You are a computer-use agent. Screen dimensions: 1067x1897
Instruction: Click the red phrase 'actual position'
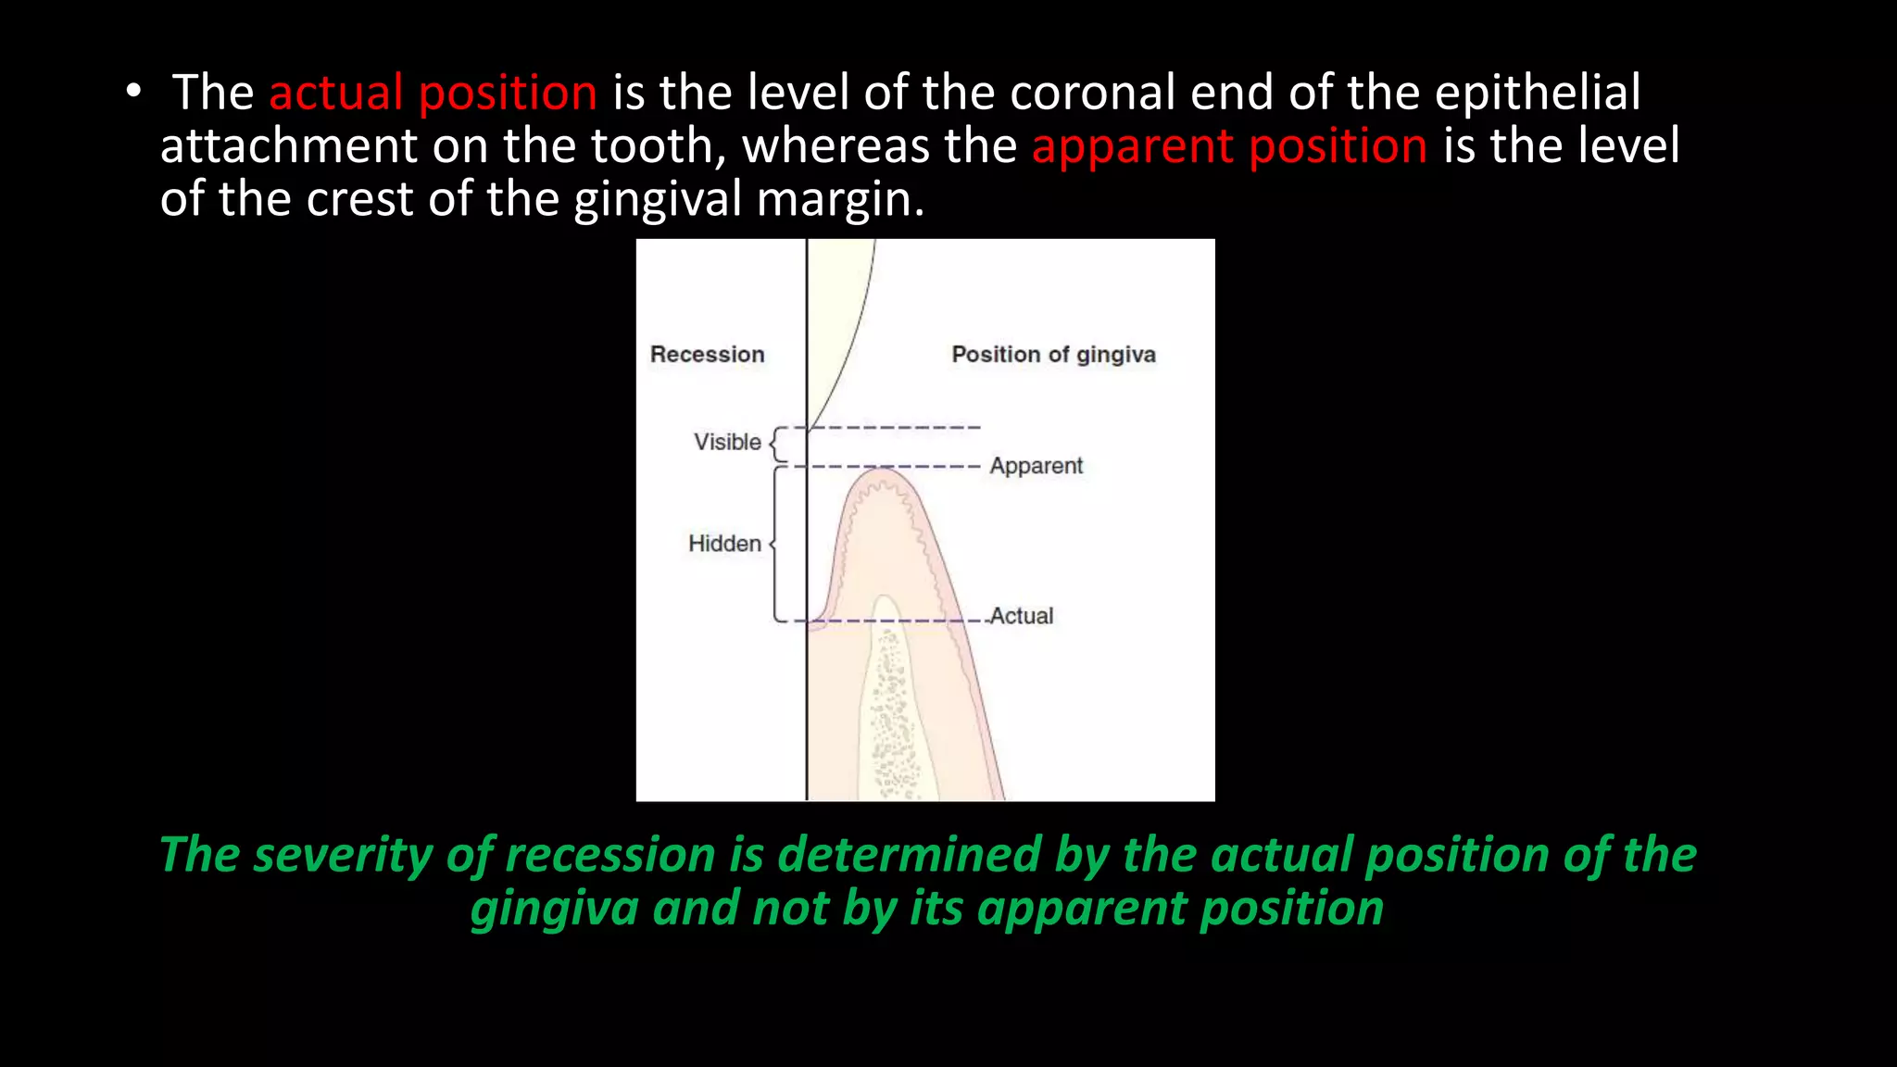[433, 94]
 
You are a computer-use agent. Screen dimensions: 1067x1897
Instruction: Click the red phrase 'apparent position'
[1229, 147]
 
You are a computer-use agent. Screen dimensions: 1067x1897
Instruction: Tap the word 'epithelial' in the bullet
[1538, 94]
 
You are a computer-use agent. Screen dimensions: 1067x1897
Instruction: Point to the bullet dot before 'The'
[134, 92]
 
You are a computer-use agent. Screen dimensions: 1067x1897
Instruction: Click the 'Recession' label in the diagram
[707, 355]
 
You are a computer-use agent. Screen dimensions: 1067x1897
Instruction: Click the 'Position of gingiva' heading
[1053, 355]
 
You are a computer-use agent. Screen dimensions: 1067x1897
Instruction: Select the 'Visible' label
[727, 443]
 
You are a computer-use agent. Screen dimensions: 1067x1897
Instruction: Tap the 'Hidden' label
[724, 544]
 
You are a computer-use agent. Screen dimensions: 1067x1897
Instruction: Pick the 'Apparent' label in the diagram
[1036, 466]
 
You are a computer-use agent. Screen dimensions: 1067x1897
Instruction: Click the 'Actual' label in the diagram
[1021, 616]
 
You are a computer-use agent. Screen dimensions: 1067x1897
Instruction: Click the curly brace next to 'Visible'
[779, 445]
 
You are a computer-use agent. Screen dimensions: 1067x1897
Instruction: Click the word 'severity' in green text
[342, 855]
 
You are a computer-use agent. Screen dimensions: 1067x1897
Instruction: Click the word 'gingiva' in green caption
[554, 909]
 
